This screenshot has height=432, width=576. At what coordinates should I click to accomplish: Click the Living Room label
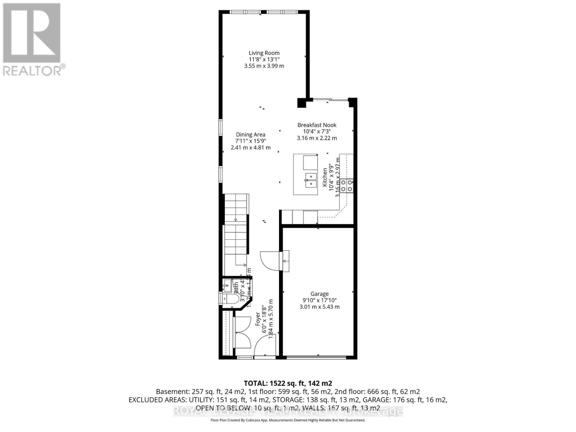click(264, 53)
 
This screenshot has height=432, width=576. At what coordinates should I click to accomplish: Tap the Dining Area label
click(251, 135)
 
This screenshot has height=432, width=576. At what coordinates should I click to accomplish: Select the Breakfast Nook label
click(317, 125)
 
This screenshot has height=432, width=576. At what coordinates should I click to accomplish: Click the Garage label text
click(319, 294)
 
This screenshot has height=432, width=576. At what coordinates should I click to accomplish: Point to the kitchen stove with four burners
click(347, 185)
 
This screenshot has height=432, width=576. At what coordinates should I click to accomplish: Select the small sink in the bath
click(227, 287)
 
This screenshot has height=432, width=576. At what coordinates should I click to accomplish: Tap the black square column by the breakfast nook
click(301, 103)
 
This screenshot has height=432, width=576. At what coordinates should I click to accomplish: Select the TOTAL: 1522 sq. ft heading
click(288, 383)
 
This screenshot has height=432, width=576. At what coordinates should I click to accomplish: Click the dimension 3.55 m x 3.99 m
click(264, 66)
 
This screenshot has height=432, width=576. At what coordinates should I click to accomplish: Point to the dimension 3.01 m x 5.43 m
click(319, 307)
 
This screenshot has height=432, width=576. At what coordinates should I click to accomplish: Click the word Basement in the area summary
click(171, 392)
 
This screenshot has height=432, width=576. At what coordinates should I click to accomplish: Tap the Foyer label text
click(258, 319)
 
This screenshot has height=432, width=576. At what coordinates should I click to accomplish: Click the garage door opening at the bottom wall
click(317, 357)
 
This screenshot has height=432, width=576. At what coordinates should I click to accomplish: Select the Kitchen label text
click(325, 177)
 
